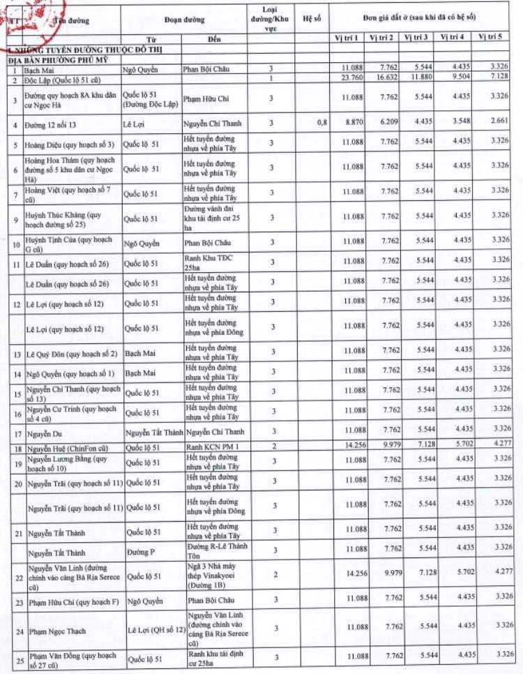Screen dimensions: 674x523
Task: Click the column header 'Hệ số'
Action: tap(312, 19)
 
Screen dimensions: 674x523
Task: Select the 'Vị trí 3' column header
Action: tap(417, 37)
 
